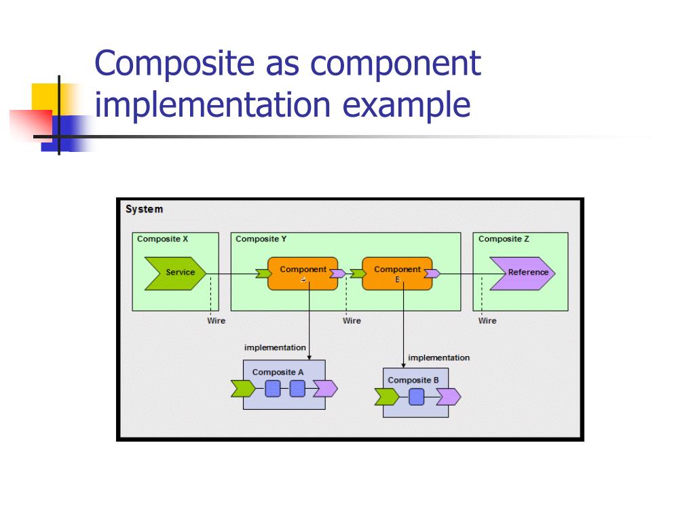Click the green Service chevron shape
click(175, 273)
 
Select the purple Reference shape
click(523, 273)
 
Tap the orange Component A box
click(303, 273)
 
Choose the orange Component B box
click(397, 273)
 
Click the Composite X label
click(162, 239)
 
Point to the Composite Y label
click(261, 239)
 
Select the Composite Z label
click(504, 239)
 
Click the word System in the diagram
click(144, 209)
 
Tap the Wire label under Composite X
click(217, 321)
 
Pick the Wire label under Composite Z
click(487, 321)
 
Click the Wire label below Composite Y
click(352, 321)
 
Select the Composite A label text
click(278, 372)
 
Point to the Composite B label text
click(413, 380)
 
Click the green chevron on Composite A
click(242, 389)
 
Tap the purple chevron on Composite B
click(448, 397)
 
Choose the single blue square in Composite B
click(416, 397)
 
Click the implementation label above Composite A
click(275, 347)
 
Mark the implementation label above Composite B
click(438, 358)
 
